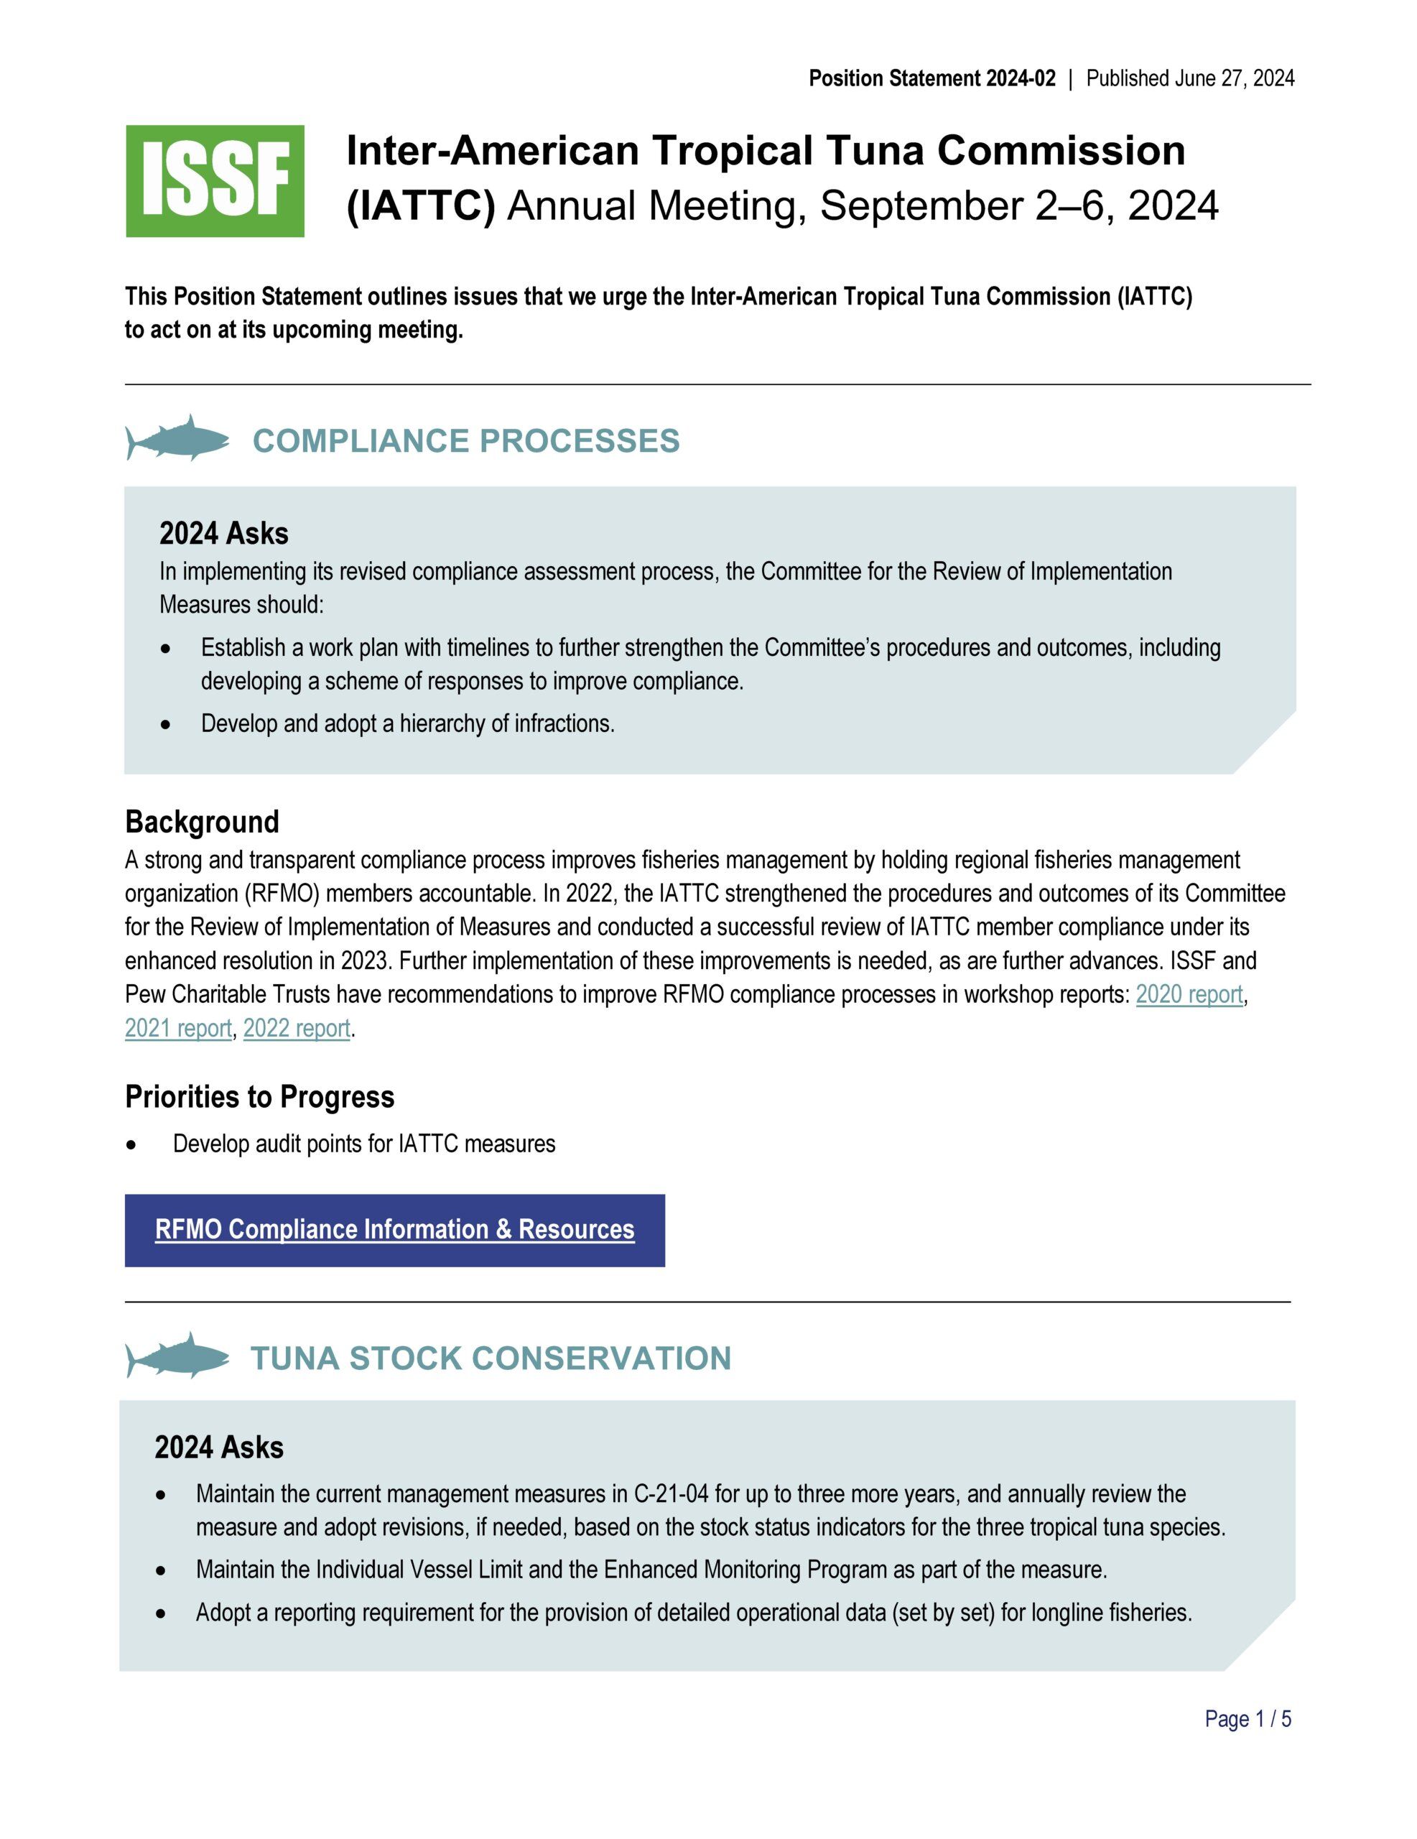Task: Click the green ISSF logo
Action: [x=215, y=181]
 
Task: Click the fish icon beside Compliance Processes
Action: [x=177, y=438]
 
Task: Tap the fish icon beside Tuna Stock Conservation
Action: [x=177, y=1355]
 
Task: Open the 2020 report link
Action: [x=1189, y=994]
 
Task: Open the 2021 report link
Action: [x=177, y=1028]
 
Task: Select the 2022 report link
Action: [x=297, y=1028]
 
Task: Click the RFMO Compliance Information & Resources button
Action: [x=394, y=1229]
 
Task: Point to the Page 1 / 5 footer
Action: [x=1248, y=1718]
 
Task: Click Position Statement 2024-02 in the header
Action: [x=931, y=78]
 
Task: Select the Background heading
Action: [x=202, y=821]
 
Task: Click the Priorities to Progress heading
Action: [x=259, y=1096]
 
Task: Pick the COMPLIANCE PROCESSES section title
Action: [x=465, y=441]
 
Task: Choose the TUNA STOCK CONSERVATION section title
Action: [x=491, y=1358]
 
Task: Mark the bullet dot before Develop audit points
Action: [x=131, y=1145]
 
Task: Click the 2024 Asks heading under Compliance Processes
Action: [x=224, y=533]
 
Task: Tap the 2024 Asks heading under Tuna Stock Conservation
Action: [x=219, y=1447]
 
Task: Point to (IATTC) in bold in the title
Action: [x=421, y=205]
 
